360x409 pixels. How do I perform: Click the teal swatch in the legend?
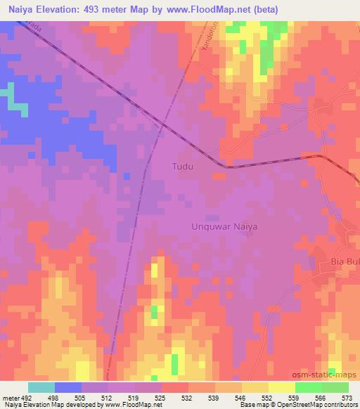41,387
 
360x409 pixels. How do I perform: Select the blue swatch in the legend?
68,387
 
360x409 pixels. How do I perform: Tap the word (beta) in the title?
266,9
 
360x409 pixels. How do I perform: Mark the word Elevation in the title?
60,9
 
